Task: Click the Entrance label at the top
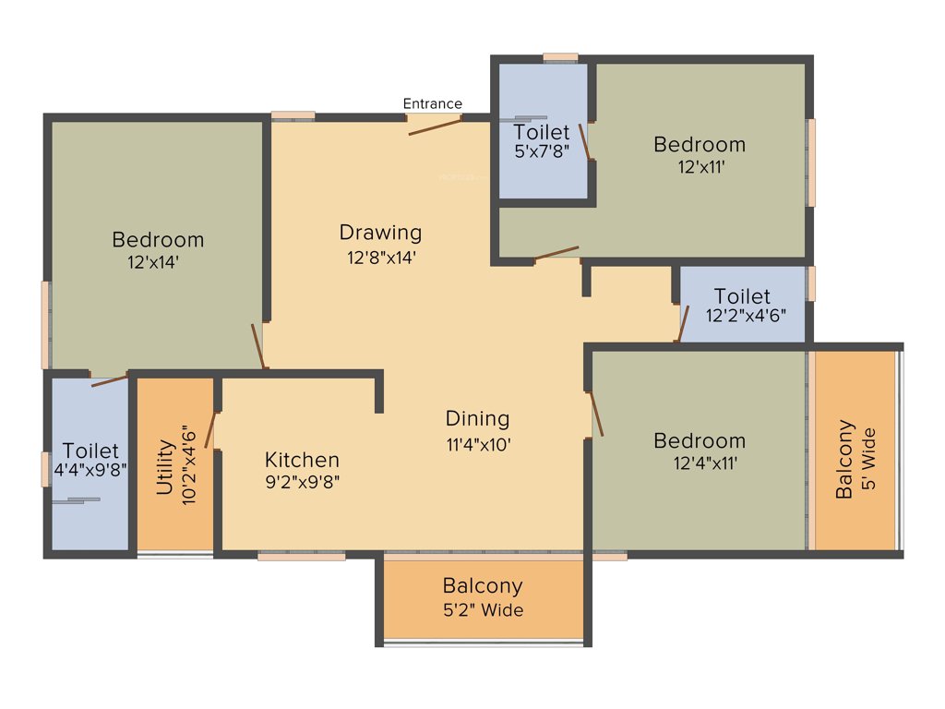(433, 103)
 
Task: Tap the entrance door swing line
(435, 126)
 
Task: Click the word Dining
(477, 418)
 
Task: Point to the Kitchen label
(302, 460)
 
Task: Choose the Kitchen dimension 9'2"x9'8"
(303, 481)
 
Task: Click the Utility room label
(165, 467)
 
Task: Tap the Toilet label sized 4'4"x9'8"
(92, 451)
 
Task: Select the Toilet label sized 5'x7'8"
(542, 132)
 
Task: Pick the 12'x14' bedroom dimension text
(153, 262)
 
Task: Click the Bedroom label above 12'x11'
(700, 144)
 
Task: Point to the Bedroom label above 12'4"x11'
(700, 440)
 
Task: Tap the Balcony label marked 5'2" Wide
(483, 585)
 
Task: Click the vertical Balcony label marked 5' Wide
(844, 460)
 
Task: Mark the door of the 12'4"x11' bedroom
(596, 414)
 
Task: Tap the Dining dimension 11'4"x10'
(479, 444)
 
